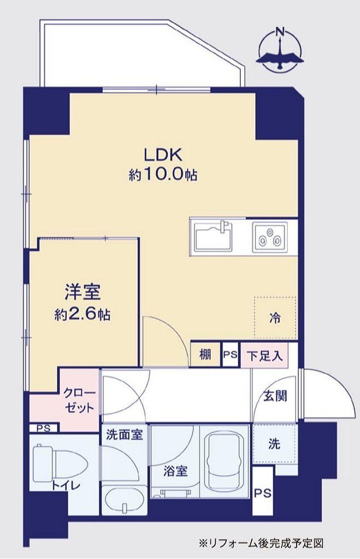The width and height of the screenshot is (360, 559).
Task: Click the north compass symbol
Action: (x=281, y=50)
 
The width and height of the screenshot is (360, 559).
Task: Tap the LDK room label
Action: (x=163, y=155)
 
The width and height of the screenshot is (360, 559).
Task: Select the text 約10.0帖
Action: (x=163, y=174)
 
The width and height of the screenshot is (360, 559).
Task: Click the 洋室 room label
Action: (x=82, y=293)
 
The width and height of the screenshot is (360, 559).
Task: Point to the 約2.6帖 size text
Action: (x=82, y=314)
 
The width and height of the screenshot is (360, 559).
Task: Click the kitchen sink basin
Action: (x=213, y=236)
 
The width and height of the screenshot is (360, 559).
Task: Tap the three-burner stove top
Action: (x=270, y=236)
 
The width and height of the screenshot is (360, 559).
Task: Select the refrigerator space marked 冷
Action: (x=275, y=317)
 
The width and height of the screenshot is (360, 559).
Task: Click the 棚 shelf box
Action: (x=205, y=354)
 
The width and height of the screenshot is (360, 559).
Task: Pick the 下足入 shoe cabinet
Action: (x=264, y=355)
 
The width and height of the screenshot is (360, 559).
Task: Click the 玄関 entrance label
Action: (x=275, y=395)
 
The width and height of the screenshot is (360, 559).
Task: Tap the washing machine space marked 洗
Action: (x=274, y=443)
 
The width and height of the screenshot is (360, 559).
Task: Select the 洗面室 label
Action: (x=125, y=435)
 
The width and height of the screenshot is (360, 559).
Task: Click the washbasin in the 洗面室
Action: (x=123, y=499)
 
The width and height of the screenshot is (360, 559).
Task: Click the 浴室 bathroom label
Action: (x=175, y=471)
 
